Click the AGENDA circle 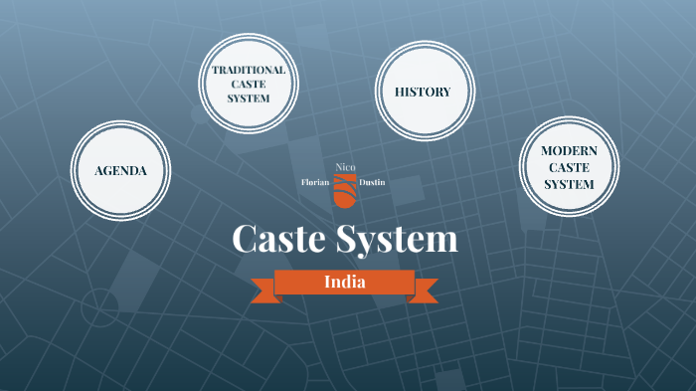(x=120, y=170)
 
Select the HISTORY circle (x=423, y=93)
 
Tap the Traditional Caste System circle (x=248, y=86)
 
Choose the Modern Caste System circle (x=569, y=167)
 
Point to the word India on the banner (x=344, y=282)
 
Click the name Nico (x=344, y=165)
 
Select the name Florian (x=315, y=182)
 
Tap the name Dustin (x=373, y=182)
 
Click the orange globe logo (x=343, y=189)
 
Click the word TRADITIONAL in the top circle (x=248, y=71)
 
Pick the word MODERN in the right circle (x=569, y=150)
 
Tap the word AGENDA (x=120, y=170)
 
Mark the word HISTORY (x=423, y=93)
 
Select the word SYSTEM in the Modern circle (x=569, y=184)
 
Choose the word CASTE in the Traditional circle (x=248, y=86)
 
